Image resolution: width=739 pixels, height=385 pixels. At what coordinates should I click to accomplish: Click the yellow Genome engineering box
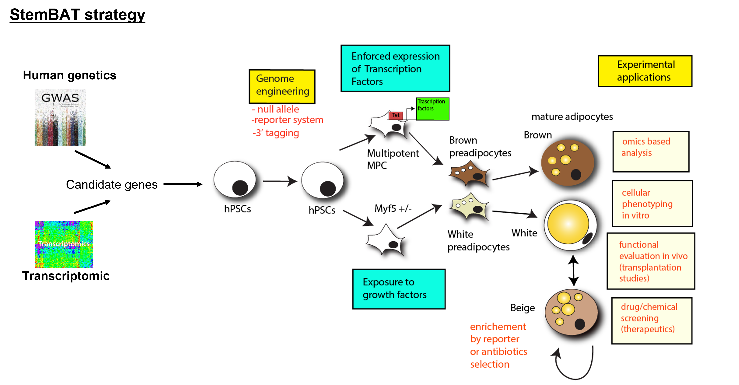pyautogui.click(x=282, y=86)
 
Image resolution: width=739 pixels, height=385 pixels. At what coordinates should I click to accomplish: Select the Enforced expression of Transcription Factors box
pyautogui.click(x=395, y=68)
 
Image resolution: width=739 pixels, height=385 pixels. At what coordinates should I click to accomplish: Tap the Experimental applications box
pyautogui.click(x=645, y=71)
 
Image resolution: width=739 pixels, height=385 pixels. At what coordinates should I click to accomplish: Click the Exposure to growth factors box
pyautogui.click(x=399, y=289)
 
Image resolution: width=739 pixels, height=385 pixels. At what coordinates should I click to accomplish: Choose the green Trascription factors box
pyautogui.click(x=432, y=109)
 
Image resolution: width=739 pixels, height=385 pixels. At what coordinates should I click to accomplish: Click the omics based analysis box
pyautogui.click(x=651, y=152)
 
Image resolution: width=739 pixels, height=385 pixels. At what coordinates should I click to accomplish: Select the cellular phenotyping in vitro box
pyautogui.click(x=652, y=204)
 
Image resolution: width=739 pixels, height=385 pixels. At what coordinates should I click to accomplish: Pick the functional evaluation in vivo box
pyautogui.click(x=651, y=261)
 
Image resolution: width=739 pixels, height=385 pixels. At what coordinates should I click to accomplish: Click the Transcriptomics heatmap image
pyautogui.click(x=64, y=244)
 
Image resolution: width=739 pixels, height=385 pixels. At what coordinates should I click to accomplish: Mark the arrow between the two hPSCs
pyautogui.click(x=279, y=181)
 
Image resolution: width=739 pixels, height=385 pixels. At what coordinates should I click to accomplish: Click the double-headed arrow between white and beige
pyautogui.click(x=573, y=270)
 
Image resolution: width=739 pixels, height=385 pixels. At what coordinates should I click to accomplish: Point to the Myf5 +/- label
pyautogui.click(x=393, y=208)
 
